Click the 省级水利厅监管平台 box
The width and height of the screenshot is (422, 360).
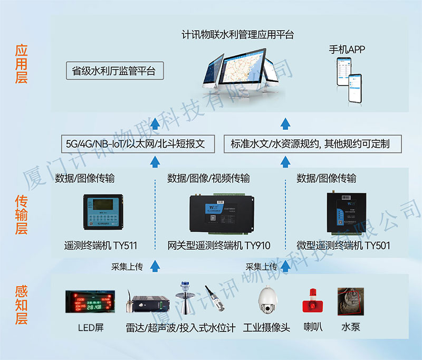[x=114, y=71]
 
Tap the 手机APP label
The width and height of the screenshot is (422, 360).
[x=347, y=50]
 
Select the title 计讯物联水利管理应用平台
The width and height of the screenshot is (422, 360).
[x=237, y=35]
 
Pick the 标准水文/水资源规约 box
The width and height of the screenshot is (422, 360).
[x=310, y=144]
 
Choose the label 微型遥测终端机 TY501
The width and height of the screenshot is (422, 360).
[x=343, y=245]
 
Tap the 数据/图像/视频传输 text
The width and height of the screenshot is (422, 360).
[x=208, y=178]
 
